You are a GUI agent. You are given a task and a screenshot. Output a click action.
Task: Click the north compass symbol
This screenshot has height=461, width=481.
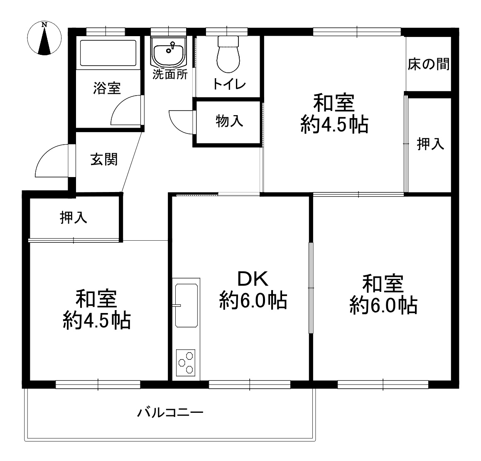pyautogui.click(x=44, y=38)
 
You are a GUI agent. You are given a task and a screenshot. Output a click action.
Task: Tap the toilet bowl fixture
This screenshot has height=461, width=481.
pyautogui.click(x=228, y=54)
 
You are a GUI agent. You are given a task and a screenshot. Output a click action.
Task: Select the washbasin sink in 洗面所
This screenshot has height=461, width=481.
pyautogui.click(x=168, y=52)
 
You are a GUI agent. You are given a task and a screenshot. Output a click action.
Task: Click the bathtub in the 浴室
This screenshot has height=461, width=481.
pyautogui.click(x=108, y=52)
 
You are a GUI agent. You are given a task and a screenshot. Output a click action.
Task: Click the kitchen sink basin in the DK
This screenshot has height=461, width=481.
pyautogui.click(x=186, y=306)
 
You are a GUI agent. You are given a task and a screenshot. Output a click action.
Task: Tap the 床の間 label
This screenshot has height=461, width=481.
pyautogui.click(x=429, y=64)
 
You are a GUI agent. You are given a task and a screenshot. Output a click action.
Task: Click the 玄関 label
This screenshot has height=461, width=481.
pyautogui.click(x=104, y=160)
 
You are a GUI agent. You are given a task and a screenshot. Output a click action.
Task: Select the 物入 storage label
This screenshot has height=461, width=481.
pyautogui.click(x=229, y=121)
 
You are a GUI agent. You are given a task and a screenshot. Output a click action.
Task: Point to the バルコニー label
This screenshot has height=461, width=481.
pyautogui.click(x=170, y=412)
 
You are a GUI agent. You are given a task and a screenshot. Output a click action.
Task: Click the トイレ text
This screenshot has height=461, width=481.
pyautogui.click(x=229, y=84)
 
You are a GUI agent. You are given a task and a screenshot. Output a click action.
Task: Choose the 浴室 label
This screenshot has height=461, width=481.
pyautogui.click(x=107, y=88)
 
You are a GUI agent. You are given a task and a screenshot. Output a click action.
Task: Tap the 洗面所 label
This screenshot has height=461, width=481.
pyautogui.click(x=170, y=74)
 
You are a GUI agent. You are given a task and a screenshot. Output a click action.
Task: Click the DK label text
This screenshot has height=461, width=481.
pyautogui.click(x=253, y=279)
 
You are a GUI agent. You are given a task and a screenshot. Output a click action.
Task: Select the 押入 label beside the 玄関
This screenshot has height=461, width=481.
pyautogui.click(x=74, y=217)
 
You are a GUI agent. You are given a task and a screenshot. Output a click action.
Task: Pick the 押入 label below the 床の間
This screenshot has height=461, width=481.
pyautogui.click(x=430, y=144)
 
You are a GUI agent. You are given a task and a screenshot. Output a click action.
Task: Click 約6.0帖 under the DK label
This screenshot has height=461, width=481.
pyautogui.click(x=253, y=301)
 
